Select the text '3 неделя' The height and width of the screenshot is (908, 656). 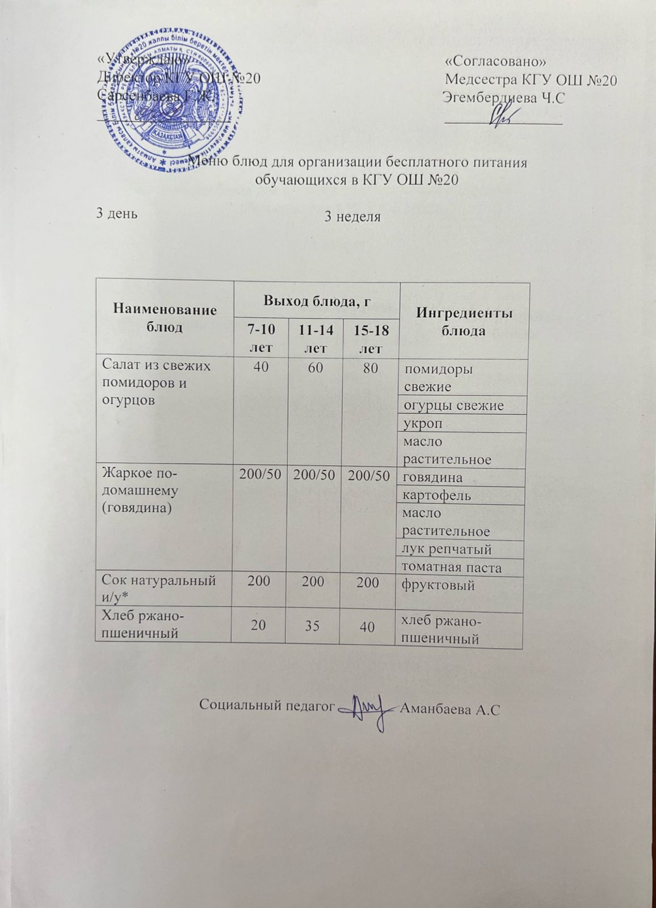[352, 217]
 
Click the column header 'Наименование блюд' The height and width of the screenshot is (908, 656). [165, 318]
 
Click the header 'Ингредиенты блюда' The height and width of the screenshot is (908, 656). [464, 322]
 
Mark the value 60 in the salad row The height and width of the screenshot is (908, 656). [316, 368]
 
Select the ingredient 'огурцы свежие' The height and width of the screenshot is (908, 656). [453, 405]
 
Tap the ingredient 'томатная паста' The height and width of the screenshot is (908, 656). [451, 567]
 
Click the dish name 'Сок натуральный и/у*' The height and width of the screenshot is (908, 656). [158, 588]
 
